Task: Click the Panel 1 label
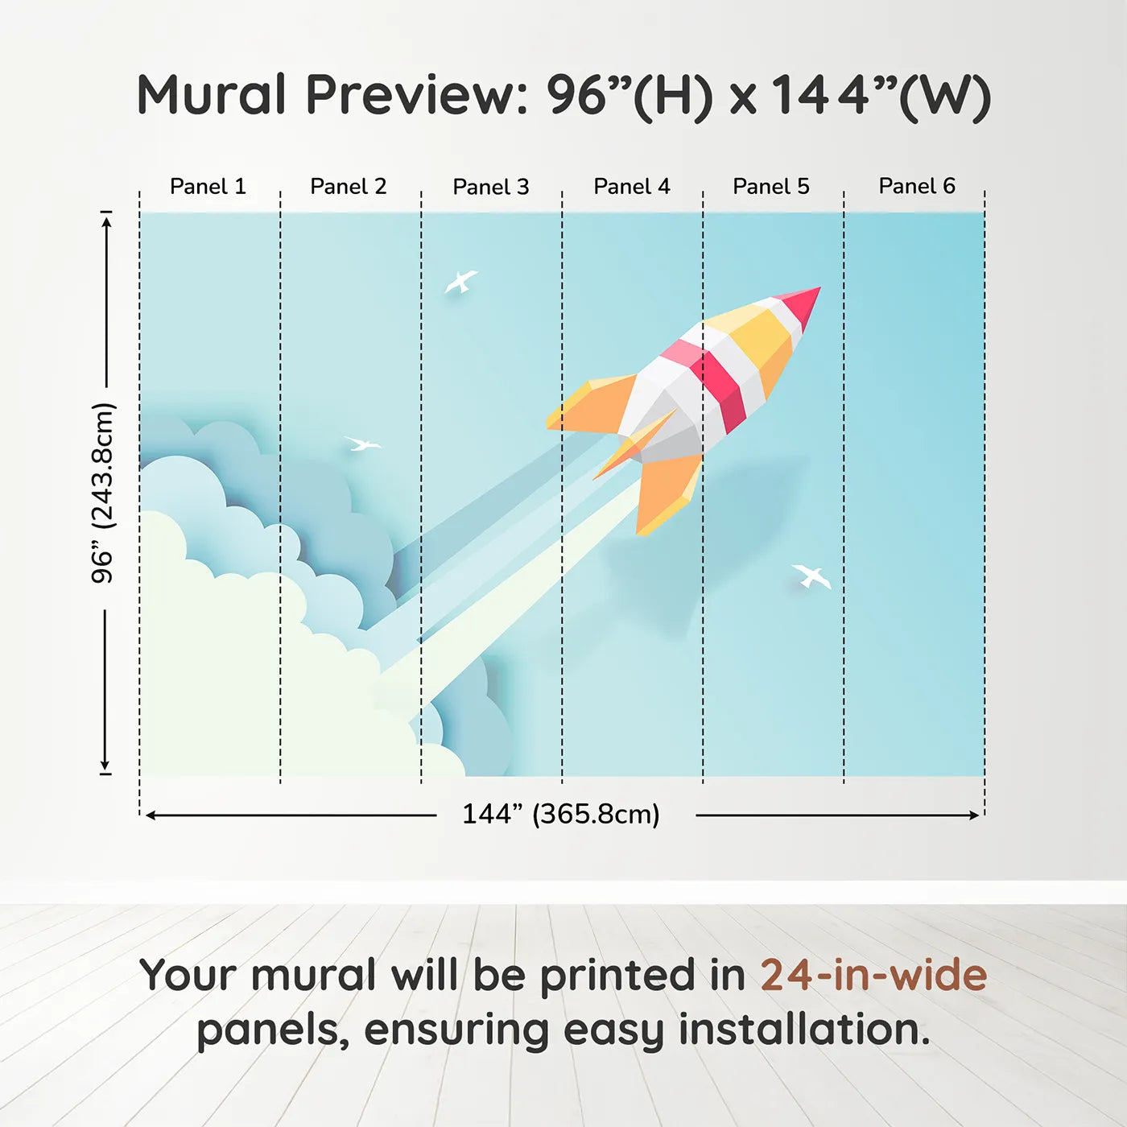click(208, 187)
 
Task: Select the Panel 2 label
click(348, 187)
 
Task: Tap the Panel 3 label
click(491, 187)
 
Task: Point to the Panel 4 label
click(632, 187)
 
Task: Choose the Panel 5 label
click(771, 187)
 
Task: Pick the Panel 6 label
click(916, 186)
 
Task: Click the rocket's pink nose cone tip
click(819, 287)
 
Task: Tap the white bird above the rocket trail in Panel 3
click(460, 282)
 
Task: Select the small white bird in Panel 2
click(362, 444)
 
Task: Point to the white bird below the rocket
click(811, 576)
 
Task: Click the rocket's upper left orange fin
click(591, 405)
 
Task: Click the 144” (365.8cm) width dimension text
click(561, 814)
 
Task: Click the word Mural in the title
click(211, 95)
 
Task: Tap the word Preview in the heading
click(417, 95)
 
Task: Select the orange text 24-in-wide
click(873, 975)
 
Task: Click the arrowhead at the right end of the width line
click(975, 815)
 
